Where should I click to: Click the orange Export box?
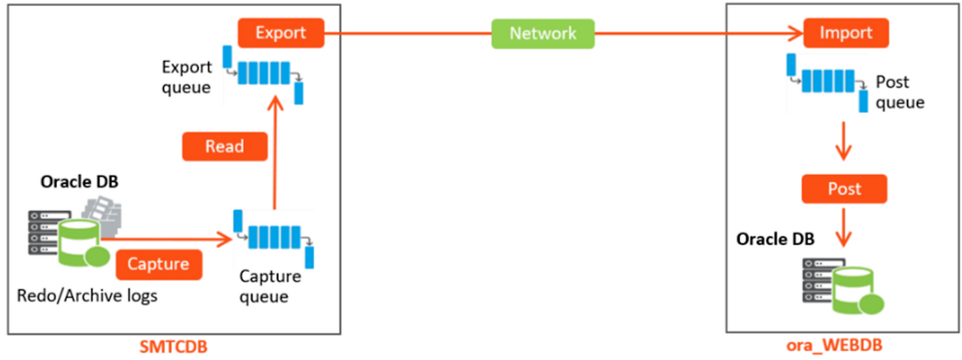[x=280, y=33]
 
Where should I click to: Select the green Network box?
[x=542, y=34]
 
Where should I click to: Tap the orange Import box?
[x=846, y=33]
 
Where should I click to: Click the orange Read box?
[x=225, y=146]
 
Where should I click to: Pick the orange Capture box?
[x=158, y=264]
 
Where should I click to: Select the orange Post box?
[x=844, y=189]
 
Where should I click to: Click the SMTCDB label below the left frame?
[x=174, y=348]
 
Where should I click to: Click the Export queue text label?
[x=186, y=77]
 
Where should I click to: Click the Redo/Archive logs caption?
[x=87, y=295]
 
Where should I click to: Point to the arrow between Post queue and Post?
[x=844, y=144]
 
